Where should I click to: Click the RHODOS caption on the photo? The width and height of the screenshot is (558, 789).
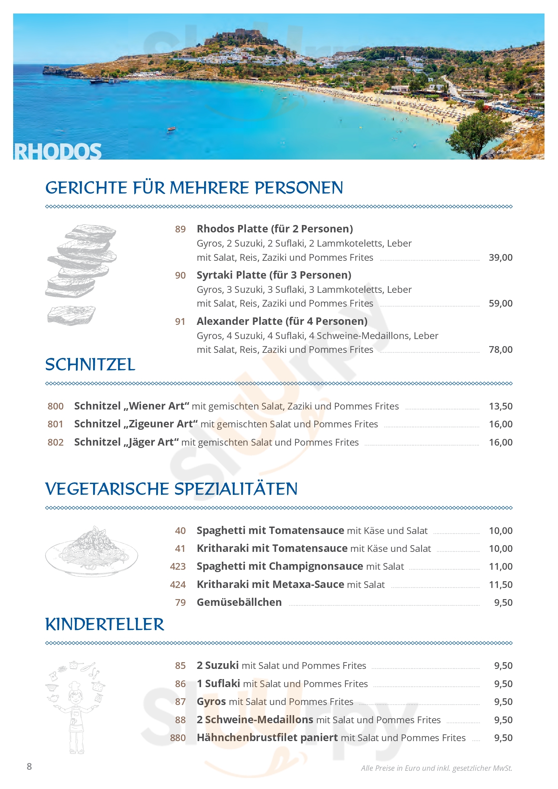coord(58,151)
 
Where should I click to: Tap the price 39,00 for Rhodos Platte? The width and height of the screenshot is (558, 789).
coord(500,257)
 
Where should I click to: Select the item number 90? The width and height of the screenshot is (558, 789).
coord(180,275)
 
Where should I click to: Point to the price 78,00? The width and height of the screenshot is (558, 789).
coord(500,349)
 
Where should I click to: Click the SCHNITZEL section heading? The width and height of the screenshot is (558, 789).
coord(90,365)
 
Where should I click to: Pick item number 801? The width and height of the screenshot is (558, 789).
coord(55,424)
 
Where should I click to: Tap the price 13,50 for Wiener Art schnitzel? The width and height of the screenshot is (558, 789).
coord(500,406)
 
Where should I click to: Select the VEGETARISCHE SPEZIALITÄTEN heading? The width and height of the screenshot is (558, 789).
coord(171,489)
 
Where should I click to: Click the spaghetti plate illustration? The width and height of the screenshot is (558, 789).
coord(91,551)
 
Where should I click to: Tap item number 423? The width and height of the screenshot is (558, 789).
coord(178,566)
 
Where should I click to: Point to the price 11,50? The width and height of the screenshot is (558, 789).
coord(500,585)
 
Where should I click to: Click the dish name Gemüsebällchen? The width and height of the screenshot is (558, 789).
coord(239,602)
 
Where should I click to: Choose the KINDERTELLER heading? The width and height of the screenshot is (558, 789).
coord(105,624)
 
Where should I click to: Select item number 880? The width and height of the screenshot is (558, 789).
coord(178,738)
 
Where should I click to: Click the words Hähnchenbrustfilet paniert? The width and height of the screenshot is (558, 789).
coord(267,737)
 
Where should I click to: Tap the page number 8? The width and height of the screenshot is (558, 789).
coord(29,766)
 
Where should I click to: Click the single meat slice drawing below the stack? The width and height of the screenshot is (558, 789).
coord(71,315)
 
